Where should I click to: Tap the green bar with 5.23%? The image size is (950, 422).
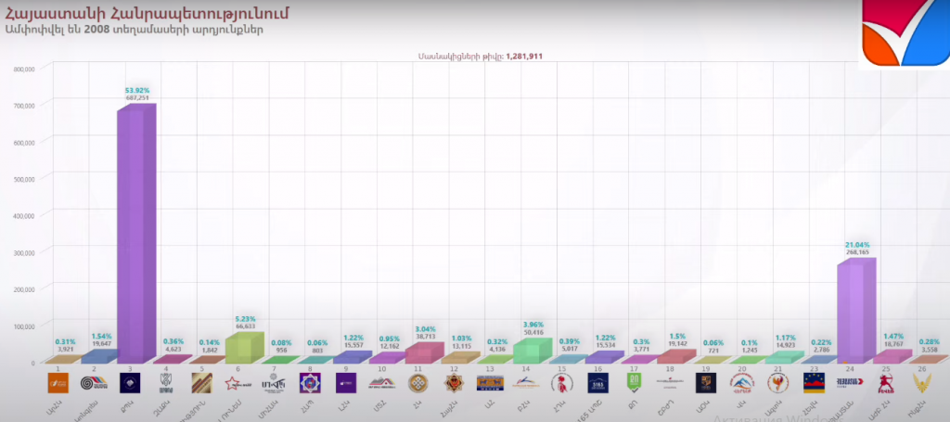coord(238,347)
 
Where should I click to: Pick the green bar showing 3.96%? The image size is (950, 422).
coord(526,350)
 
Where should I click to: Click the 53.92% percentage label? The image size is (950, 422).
coord(137,90)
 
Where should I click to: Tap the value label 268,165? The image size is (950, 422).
coord(857,252)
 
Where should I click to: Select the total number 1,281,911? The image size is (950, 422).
coord(524,57)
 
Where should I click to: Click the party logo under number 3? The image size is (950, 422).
coord(130,383)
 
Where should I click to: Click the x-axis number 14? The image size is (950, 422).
coord(525,369)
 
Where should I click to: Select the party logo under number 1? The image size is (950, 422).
coord(58,383)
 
